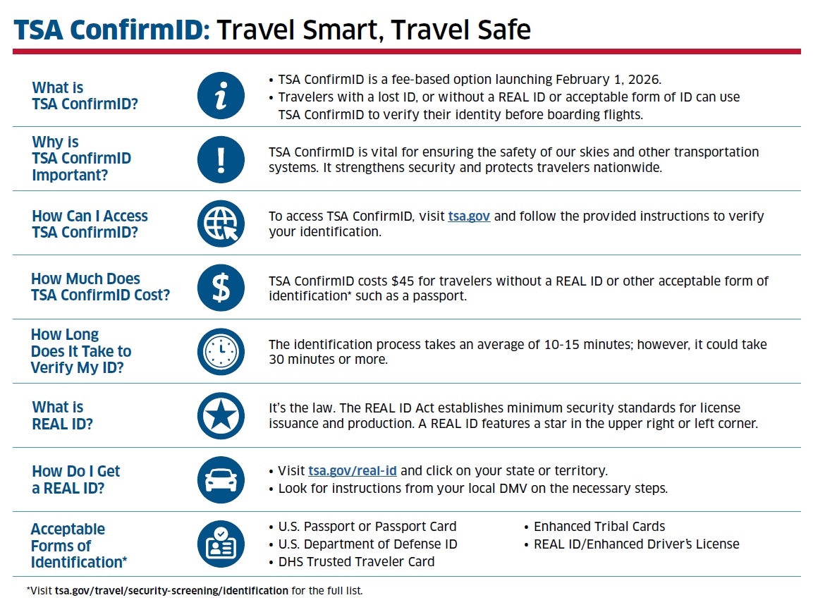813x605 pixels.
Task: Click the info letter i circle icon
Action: [x=221, y=95]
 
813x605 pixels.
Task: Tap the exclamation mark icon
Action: [x=221, y=159]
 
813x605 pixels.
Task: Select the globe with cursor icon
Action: [x=221, y=224]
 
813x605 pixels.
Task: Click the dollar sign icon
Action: [x=221, y=288]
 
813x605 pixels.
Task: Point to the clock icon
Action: [x=221, y=351]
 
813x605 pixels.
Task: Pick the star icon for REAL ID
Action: [x=221, y=416]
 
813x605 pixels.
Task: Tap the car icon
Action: [x=221, y=480]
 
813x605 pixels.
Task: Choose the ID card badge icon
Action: [x=221, y=544]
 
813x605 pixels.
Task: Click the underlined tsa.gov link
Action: [x=469, y=216]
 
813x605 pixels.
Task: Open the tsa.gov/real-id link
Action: [x=353, y=471]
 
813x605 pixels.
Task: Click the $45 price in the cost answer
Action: [x=403, y=281]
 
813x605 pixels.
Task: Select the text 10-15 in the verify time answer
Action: [x=561, y=345]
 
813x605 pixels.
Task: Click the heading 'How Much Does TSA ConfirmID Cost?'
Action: [x=101, y=287]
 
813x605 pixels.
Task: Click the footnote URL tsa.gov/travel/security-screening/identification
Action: [x=171, y=590]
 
